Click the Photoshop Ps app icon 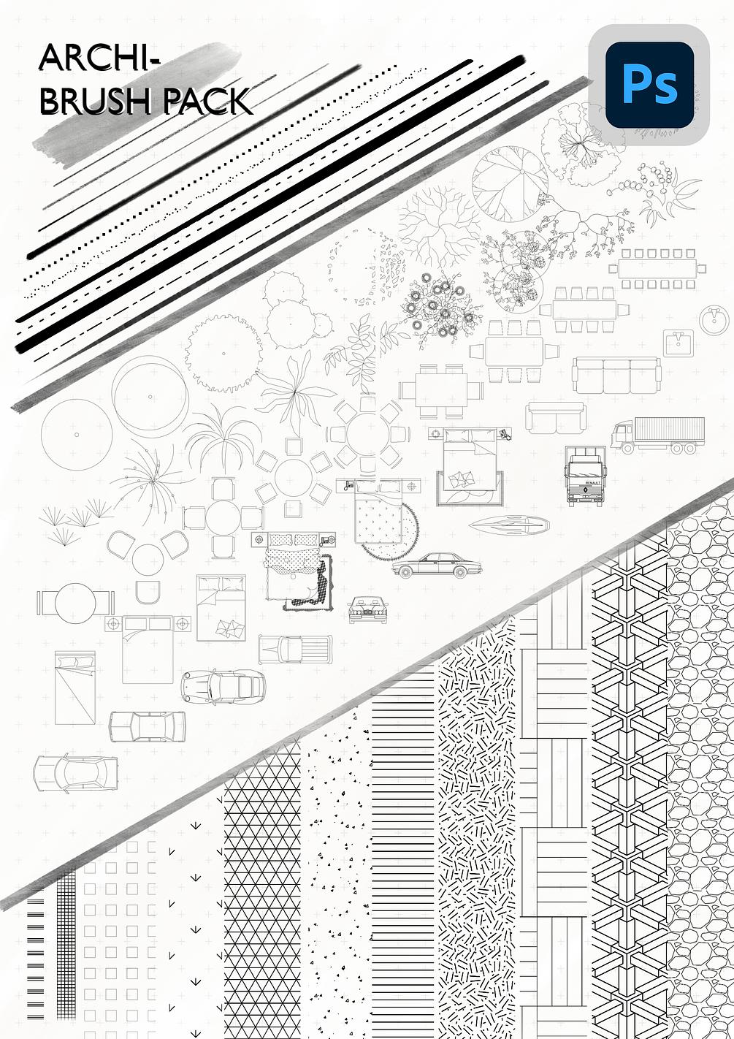click(649, 84)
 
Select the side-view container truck click(658, 435)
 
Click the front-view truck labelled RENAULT click(585, 476)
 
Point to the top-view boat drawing click(509, 523)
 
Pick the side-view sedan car click(432, 566)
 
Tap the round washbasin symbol click(714, 319)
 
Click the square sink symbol click(678, 342)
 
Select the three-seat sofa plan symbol click(616, 374)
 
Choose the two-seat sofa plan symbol click(556, 416)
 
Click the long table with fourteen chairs click(656, 268)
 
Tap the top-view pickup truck click(295, 649)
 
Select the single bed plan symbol click(74, 687)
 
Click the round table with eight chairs click(368, 435)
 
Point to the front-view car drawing click(367, 609)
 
